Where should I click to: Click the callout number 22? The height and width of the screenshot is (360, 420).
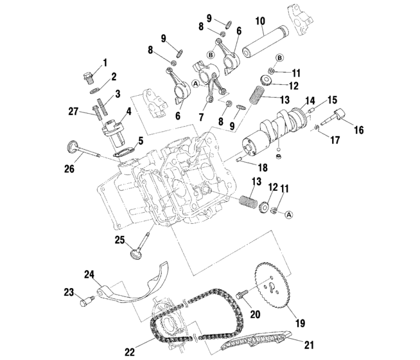(x=130, y=351)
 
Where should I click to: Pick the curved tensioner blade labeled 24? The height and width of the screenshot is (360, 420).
(x=134, y=287)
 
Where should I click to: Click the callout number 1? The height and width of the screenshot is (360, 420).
(x=105, y=62)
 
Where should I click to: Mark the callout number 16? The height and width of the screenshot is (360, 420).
(x=358, y=130)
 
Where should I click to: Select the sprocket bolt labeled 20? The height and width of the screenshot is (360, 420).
(x=240, y=296)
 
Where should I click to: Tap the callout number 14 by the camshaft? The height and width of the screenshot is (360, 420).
(x=310, y=102)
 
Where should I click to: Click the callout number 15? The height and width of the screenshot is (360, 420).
(x=332, y=100)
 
